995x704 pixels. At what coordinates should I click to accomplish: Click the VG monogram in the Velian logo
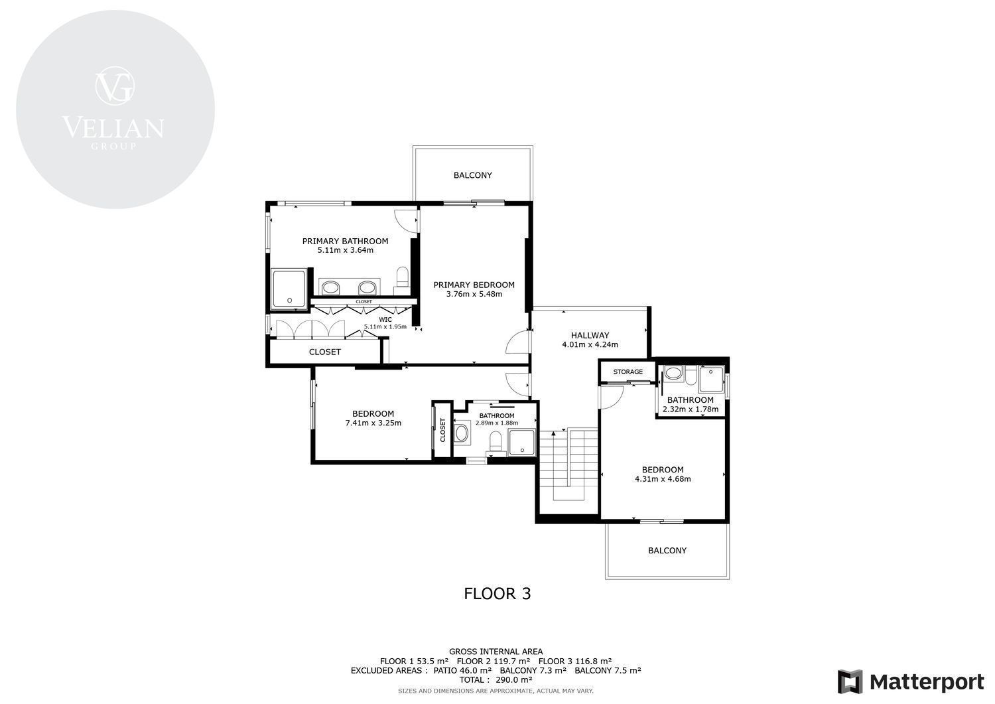(115, 86)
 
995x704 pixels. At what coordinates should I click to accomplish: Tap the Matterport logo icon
(850, 682)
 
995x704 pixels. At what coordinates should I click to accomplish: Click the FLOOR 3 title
(497, 593)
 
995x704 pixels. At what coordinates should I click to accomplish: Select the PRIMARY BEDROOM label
(474, 285)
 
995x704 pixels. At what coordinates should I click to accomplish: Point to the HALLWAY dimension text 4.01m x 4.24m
(590, 344)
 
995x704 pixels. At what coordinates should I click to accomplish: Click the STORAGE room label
(628, 372)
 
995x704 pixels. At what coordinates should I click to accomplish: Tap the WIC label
(385, 320)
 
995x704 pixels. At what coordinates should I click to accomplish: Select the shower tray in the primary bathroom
(289, 289)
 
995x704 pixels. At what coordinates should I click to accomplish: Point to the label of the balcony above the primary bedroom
(472, 175)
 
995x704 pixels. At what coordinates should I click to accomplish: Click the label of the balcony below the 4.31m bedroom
(667, 550)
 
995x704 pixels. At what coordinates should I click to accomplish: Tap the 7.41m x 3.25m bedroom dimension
(373, 423)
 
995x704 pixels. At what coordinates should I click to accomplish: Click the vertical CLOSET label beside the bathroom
(442, 430)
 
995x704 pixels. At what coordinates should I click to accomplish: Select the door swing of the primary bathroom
(406, 220)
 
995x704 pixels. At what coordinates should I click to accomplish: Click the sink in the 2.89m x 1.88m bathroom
(462, 433)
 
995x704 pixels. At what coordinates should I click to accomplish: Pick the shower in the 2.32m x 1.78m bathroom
(711, 379)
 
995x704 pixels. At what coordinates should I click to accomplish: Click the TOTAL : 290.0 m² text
(496, 679)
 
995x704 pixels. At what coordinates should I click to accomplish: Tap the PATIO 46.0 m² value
(462, 670)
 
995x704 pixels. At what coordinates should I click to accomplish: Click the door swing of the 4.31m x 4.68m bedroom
(612, 397)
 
